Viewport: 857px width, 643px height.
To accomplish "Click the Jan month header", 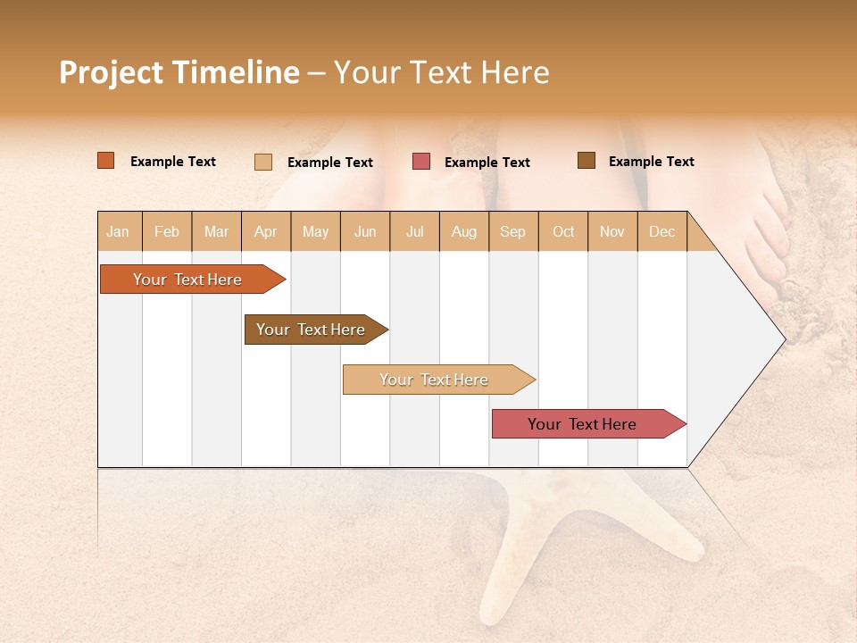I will (118, 231).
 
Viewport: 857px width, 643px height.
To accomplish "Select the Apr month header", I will (266, 231).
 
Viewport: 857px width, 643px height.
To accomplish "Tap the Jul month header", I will (415, 231).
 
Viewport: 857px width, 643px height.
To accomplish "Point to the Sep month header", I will (513, 231).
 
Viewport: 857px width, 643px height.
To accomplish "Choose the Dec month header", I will (662, 231).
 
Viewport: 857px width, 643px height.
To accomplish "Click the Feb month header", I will (167, 231).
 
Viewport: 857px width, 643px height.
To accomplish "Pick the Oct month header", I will (563, 231).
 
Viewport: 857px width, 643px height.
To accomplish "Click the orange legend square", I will (106, 161).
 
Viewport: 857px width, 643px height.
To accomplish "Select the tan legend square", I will (263, 162).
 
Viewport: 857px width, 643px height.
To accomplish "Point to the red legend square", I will (421, 162).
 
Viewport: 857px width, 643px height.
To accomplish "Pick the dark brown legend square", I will (587, 161).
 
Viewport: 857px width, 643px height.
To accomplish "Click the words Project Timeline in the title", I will (179, 72).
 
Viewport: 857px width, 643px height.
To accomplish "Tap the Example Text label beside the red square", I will (487, 163).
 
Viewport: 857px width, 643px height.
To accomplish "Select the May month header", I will (315, 231).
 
